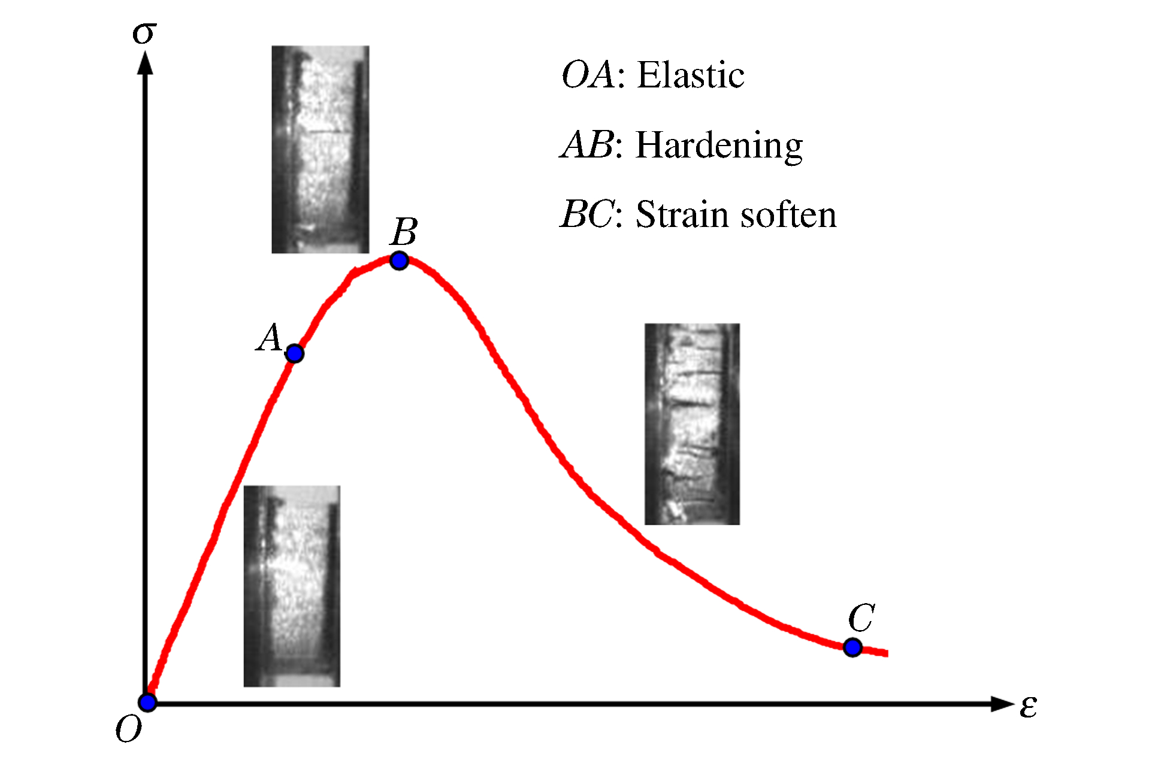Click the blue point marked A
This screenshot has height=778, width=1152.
pos(294,354)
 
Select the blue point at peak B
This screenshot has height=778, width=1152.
pos(399,261)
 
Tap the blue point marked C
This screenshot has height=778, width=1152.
pos(852,647)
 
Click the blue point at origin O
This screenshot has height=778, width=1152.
pos(147,703)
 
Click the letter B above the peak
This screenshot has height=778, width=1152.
pos(404,232)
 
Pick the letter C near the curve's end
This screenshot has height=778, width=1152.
pos(861,617)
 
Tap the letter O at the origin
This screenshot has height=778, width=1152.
pos(129,729)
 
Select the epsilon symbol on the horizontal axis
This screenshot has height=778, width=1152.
pos(1029,707)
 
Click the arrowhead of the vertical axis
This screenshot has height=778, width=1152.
pos(145,63)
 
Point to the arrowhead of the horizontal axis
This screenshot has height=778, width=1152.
pos(1003,704)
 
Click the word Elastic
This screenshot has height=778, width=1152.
pos(691,75)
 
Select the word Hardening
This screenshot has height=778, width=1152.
pos(719,146)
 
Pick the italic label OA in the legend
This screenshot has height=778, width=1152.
pos(588,75)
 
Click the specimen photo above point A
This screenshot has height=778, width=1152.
pos(320,149)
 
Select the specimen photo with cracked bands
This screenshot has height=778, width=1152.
pos(692,424)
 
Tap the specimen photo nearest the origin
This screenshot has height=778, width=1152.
pos(292,586)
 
